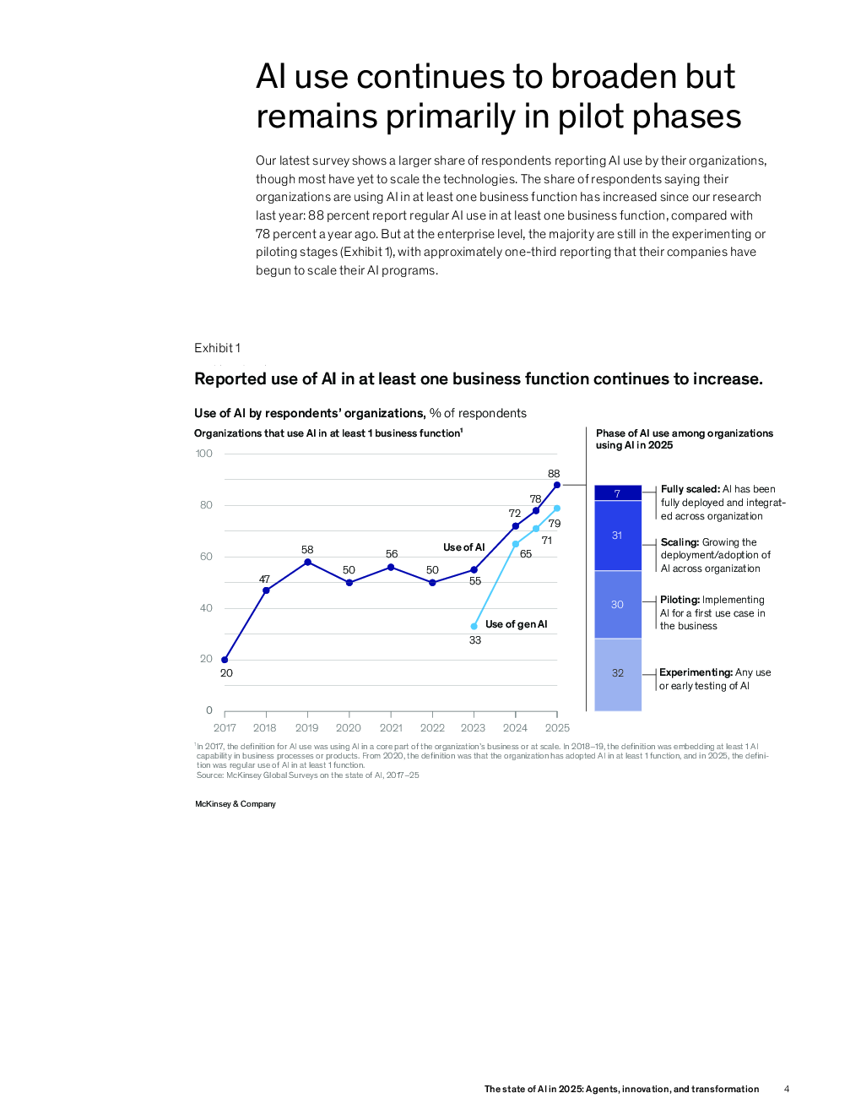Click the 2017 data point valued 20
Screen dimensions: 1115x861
tap(225, 660)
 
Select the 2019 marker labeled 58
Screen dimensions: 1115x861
tap(307, 562)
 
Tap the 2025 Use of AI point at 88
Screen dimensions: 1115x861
tap(557, 485)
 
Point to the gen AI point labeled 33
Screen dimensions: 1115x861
tap(474, 626)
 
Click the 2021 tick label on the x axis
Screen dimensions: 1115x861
tap(391, 728)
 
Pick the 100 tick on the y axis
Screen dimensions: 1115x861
tap(204, 454)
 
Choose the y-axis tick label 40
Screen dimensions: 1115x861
tap(206, 608)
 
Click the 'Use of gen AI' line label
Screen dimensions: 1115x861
tap(516, 624)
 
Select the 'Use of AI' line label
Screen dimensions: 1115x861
tap(463, 547)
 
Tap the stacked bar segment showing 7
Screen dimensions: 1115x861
tap(617, 493)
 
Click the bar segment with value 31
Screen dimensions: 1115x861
tap(617, 536)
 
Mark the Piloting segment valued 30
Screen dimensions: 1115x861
tap(617, 605)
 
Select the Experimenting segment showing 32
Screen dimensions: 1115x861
tap(617, 673)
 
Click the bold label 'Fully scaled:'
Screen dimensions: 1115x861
tap(690, 489)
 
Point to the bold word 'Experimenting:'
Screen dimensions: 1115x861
tap(696, 672)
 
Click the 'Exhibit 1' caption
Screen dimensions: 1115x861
tap(217, 348)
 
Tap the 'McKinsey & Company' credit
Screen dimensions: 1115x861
tap(236, 804)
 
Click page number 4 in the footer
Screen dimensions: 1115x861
tap(787, 1089)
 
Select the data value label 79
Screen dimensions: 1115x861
tap(555, 524)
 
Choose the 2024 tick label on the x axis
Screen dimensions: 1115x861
tap(515, 728)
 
